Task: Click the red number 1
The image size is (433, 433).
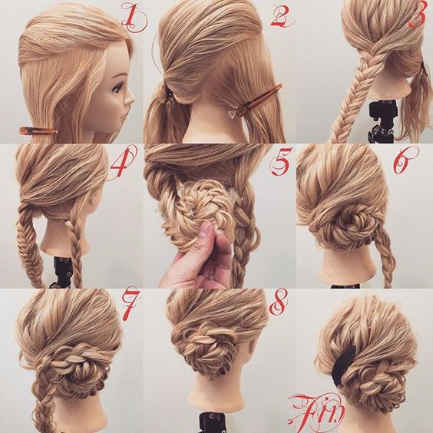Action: (134, 17)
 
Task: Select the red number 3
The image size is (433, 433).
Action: (419, 15)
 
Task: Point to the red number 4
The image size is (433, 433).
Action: (122, 162)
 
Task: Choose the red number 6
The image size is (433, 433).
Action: (405, 160)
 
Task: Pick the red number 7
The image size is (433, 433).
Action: (131, 304)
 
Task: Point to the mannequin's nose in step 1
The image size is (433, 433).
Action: (131, 98)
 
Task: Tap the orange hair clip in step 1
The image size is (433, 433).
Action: (38, 131)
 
